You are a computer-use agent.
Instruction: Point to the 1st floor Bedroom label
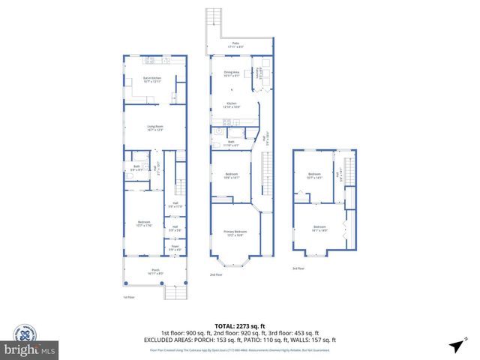click(143, 223)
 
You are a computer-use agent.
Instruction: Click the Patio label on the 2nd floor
click(235, 44)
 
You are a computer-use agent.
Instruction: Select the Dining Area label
click(232, 73)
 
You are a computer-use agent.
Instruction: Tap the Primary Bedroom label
click(235, 233)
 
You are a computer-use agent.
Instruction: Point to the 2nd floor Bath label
click(232, 143)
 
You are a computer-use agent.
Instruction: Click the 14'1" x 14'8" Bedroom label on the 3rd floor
click(319, 227)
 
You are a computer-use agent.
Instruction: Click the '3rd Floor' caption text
click(299, 268)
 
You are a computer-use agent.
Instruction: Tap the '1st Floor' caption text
click(128, 298)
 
